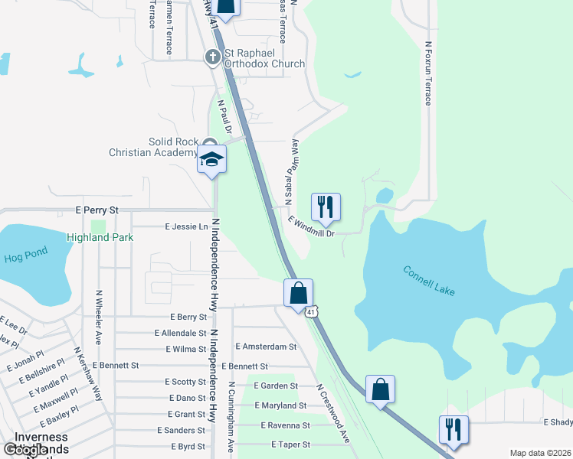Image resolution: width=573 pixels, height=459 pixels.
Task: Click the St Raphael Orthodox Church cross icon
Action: [x=214, y=57]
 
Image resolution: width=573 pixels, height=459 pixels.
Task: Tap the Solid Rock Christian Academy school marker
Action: [x=212, y=159]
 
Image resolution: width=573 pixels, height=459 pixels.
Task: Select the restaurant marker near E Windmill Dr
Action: [x=326, y=207]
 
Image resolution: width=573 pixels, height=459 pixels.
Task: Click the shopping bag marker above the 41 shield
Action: [x=298, y=292]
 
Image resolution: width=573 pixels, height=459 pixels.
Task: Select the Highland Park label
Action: [x=100, y=238]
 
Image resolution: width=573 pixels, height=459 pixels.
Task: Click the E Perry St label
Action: [x=97, y=210]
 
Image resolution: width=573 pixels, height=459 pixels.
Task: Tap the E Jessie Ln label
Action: [x=186, y=227]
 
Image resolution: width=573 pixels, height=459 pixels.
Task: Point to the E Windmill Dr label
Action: [x=312, y=226]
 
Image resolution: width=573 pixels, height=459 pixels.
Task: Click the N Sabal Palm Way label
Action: [x=290, y=172]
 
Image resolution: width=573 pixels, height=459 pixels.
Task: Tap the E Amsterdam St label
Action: [x=266, y=347]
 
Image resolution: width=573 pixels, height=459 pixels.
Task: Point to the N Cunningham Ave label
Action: [x=230, y=417]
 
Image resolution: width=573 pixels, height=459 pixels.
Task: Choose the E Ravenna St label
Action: [x=285, y=425]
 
